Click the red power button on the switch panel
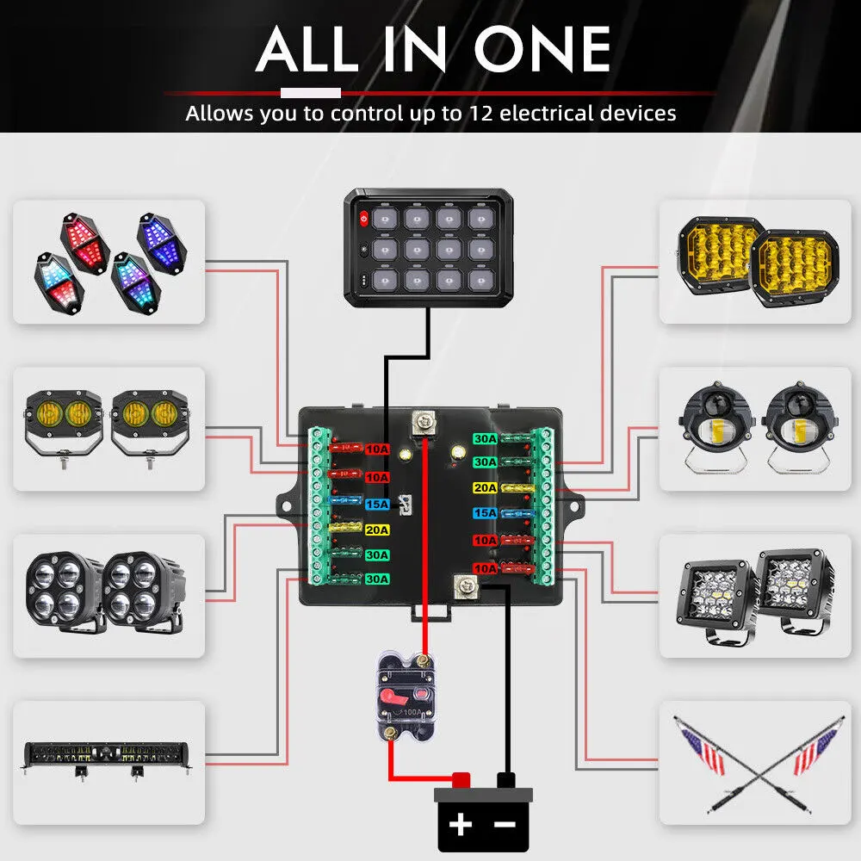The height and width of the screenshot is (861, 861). pos(364,219)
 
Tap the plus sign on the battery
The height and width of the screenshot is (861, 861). pos(461,825)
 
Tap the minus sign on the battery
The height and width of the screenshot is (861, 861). pos(505,825)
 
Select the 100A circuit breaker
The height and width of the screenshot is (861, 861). pos(402,694)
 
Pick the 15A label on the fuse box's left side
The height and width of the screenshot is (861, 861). pos(377,504)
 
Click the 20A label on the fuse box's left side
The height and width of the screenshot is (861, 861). pos(377,530)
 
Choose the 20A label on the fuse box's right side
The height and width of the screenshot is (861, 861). pos(485,488)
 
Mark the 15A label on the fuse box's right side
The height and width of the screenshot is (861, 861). pos(485,513)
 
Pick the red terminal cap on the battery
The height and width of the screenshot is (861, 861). pos(461,780)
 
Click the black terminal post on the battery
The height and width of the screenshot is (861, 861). pos(506,780)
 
